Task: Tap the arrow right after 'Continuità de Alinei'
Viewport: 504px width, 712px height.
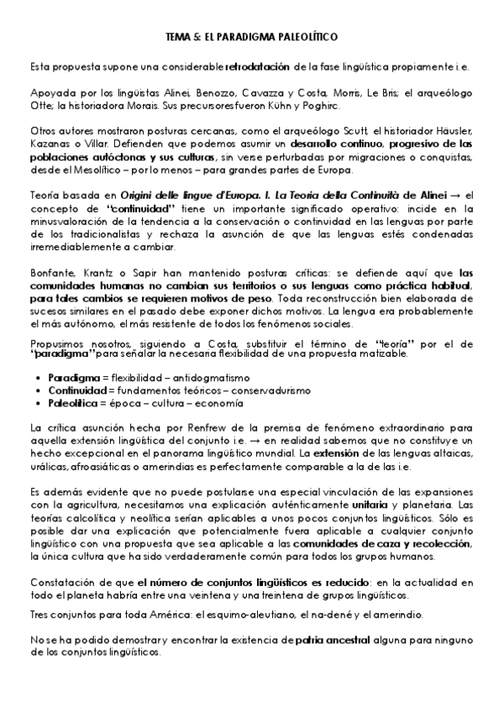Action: point(445,195)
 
